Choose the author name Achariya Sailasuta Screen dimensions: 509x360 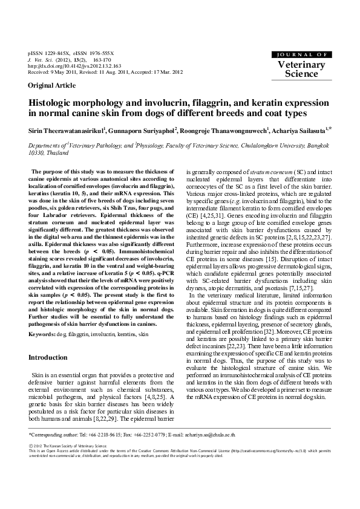point(299,129)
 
